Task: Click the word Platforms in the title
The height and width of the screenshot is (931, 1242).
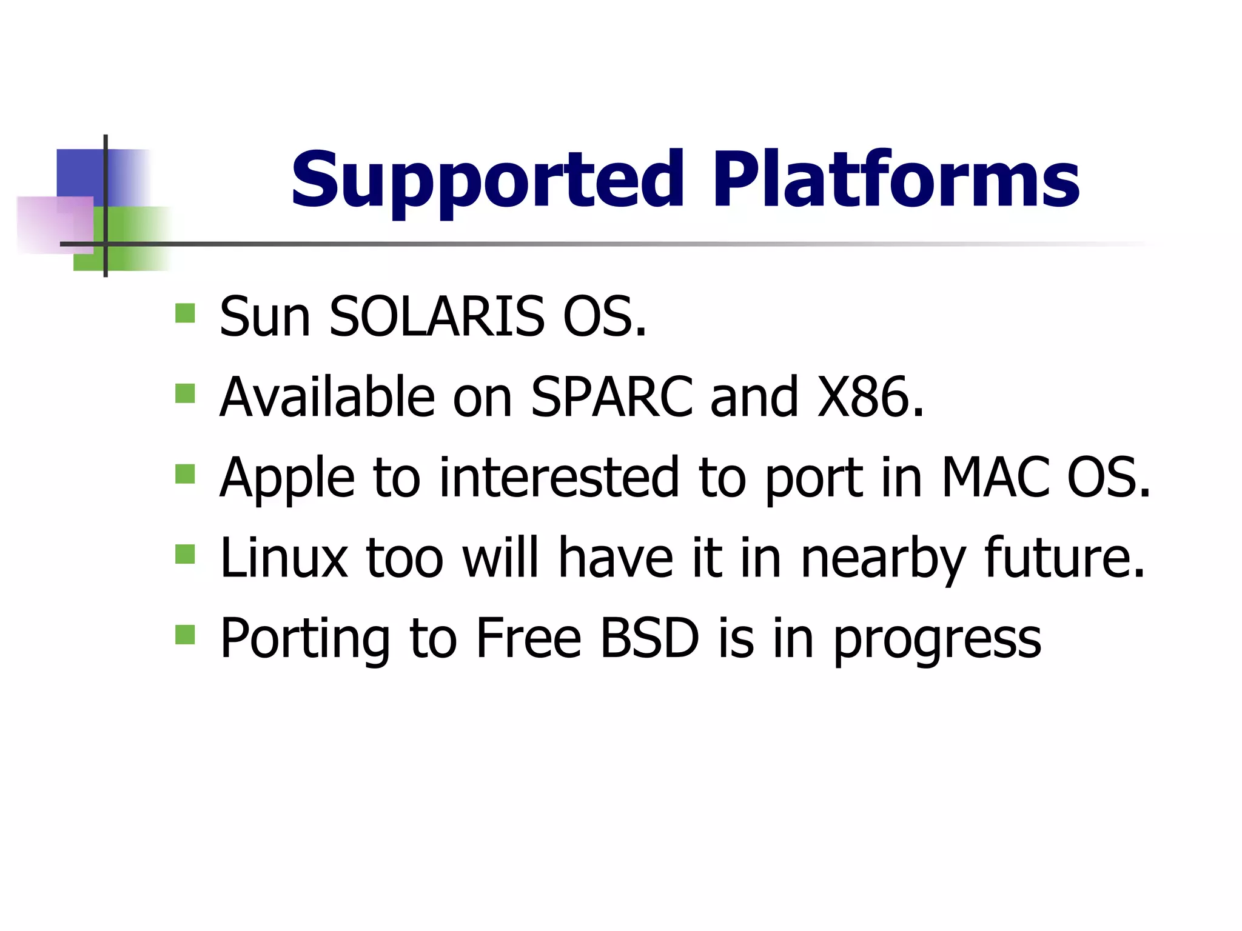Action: pos(895,180)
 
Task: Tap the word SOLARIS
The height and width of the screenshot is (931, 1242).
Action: pos(436,316)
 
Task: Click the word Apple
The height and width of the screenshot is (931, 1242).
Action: pos(287,479)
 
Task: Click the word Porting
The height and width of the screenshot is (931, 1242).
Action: pos(305,639)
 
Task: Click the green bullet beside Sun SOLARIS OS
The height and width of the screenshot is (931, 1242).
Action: pos(185,313)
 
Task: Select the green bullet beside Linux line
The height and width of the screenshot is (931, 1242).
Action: pos(185,554)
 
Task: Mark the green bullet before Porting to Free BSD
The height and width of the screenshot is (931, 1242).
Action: pos(185,635)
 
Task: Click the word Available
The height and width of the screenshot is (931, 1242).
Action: pos(327,397)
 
